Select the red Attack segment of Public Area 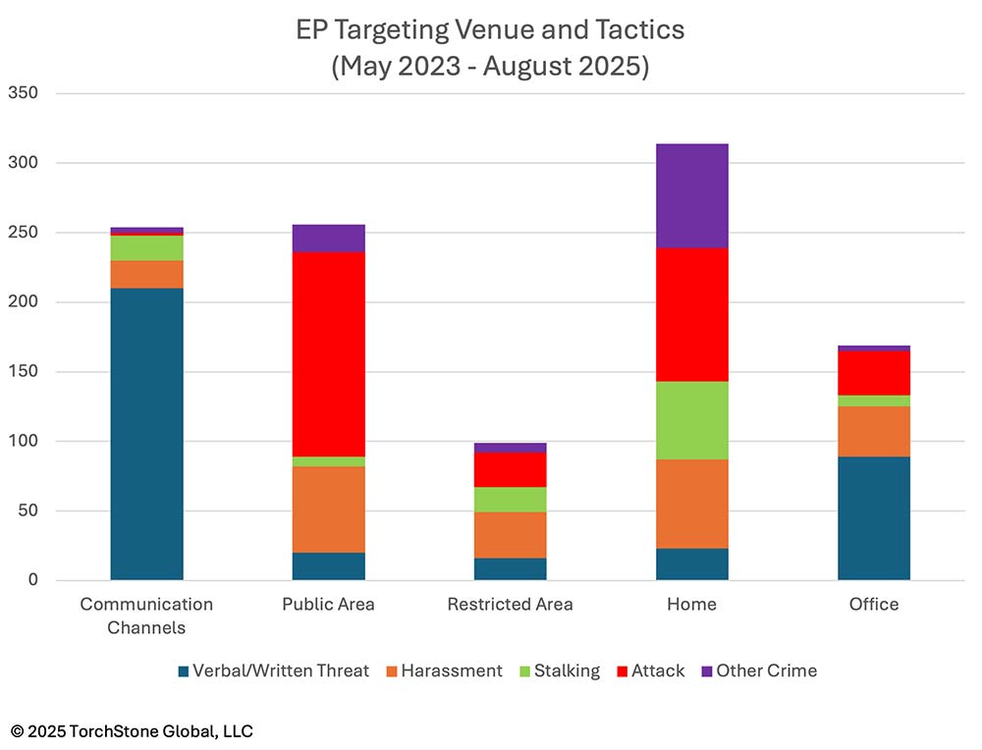pos(328,354)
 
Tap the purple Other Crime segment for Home pos(691,195)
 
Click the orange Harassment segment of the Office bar pos(873,431)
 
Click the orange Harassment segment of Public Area pos(328,509)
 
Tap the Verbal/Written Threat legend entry pos(272,671)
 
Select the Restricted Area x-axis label pos(510,605)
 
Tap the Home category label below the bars pos(691,605)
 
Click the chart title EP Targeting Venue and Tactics pos(490,30)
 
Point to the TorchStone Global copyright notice pos(133,731)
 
